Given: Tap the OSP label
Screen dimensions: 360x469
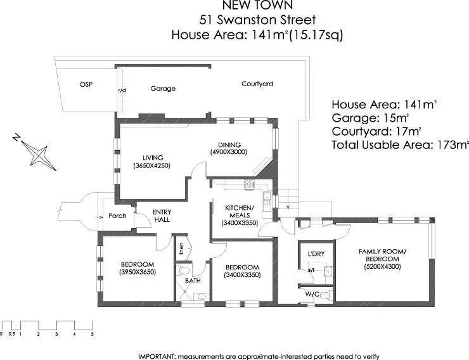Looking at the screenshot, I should (86, 85).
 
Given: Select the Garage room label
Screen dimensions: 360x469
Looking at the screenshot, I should (163, 89).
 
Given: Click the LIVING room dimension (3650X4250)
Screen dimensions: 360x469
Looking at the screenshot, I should (152, 165).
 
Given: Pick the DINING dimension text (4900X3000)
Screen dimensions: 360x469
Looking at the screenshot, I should (228, 152).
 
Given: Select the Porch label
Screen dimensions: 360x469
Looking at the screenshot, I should (118, 215).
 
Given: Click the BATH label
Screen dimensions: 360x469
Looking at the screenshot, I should (193, 280).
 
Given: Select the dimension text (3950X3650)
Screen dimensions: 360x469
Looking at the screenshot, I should (138, 272).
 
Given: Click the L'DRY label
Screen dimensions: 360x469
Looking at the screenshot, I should (316, 254).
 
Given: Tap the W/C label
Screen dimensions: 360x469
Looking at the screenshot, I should (311, 293).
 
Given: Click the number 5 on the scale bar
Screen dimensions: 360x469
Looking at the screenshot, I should (93, 333).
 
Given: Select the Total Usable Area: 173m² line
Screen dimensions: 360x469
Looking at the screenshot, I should (399, 145).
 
